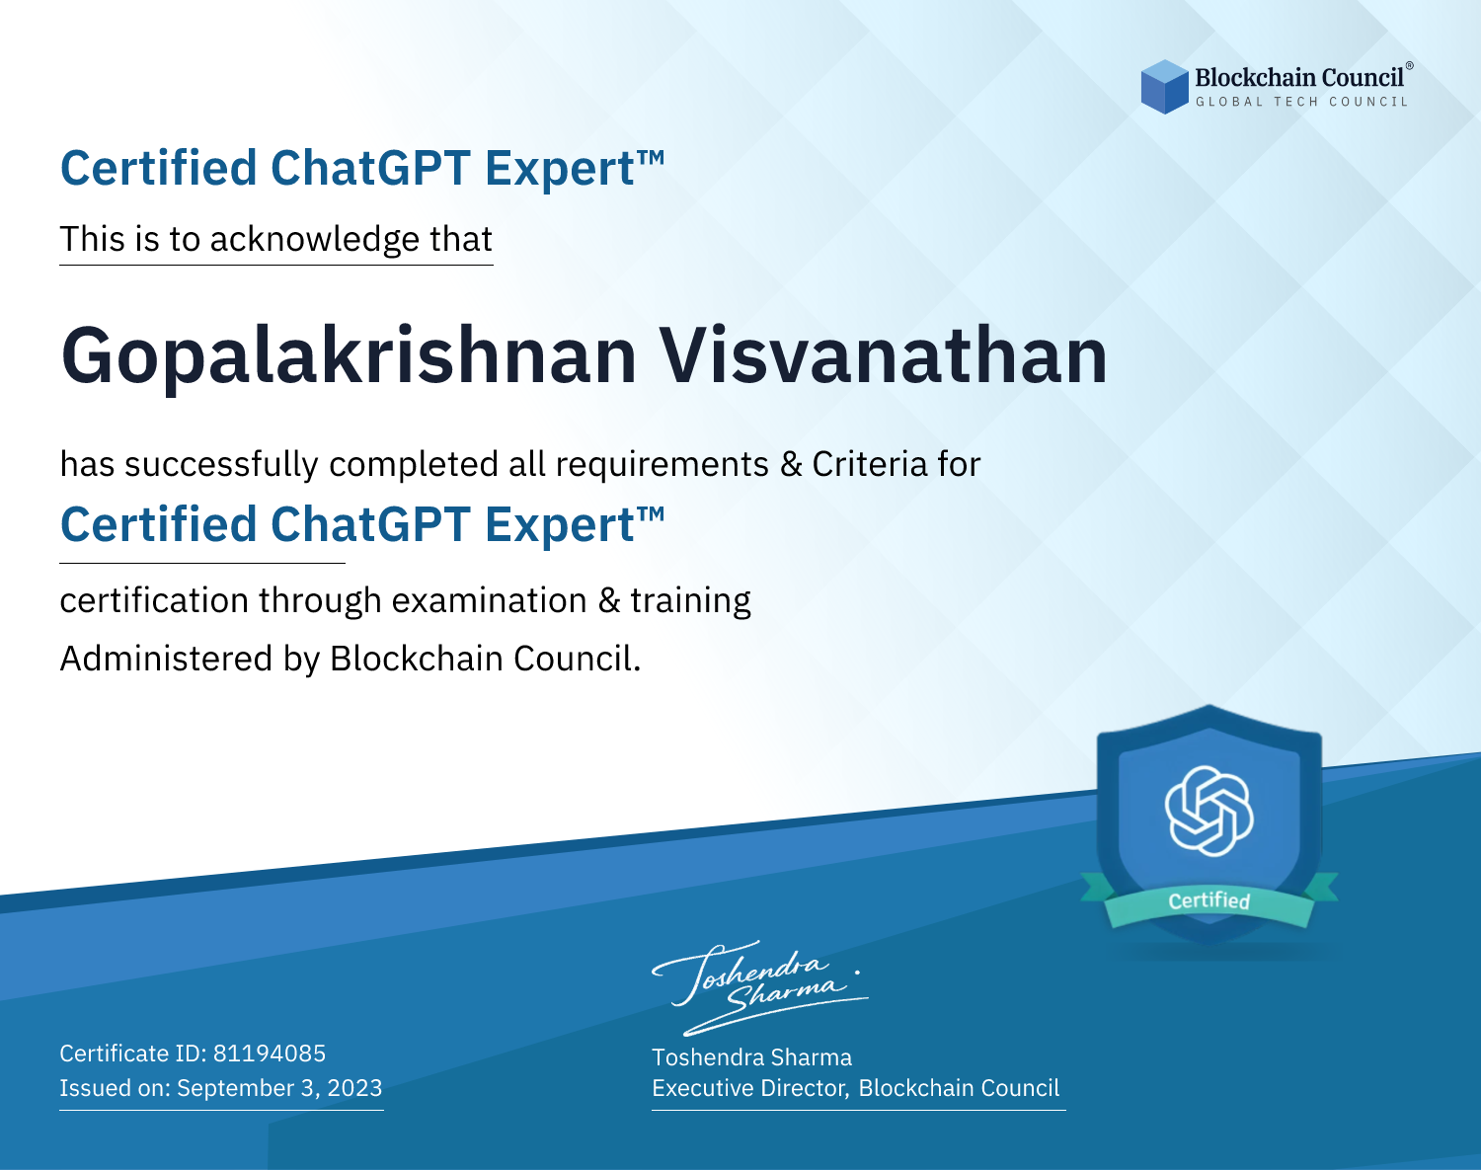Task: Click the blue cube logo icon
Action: [1164, 87]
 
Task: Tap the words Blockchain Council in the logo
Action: [1299, 78]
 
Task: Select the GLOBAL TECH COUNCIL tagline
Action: [1302, 102]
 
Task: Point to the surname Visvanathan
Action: [884, 354]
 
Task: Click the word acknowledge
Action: [315, 240]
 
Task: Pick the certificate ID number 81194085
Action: [270, 1053]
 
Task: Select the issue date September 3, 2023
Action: [279, 1087]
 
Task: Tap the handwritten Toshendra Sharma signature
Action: [760, 987]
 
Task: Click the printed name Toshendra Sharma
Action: [751, 1057]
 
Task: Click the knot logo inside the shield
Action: [1209, 811]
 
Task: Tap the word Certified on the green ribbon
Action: [1209, 900]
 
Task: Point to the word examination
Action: [490, 600]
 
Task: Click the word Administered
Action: [166, 659]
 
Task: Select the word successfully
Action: [221, 465]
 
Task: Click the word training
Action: [690, 601]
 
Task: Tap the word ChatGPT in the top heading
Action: [370, 168]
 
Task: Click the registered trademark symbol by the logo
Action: [1409, 65]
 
